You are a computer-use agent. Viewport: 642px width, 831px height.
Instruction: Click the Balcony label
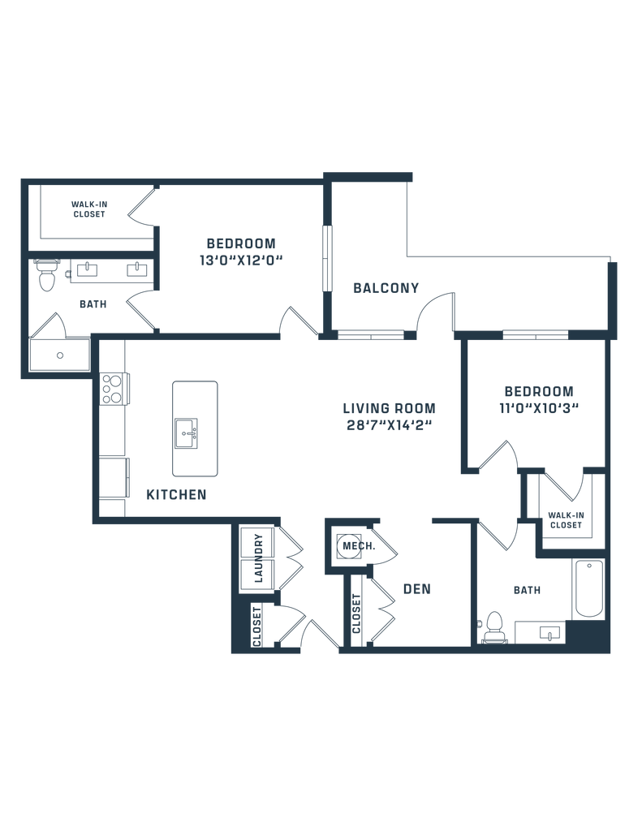[x=386, y=287]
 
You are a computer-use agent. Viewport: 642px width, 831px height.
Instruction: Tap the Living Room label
[x=390, y=407]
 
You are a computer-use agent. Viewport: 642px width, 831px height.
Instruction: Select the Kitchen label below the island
[x=176, y=493]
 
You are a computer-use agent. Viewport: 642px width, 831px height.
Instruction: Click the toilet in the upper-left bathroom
[x=47, y=276]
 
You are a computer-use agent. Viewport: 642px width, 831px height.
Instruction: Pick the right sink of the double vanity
[x=139, y=269]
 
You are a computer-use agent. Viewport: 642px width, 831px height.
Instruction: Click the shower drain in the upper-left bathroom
[x=58, y=355]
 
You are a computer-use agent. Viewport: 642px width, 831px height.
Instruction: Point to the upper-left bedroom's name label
[x=241, y=243]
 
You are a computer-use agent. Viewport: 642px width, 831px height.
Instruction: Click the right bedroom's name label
[x=538, y=390]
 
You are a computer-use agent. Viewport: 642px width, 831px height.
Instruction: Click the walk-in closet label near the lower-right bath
[x=564, y=520]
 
